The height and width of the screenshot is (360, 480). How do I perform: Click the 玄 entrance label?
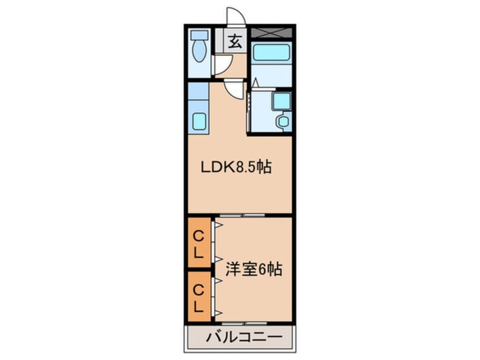click(234, 41)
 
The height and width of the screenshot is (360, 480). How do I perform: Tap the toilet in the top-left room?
click(199, 51)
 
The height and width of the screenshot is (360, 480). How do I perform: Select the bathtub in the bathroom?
click(271, 53)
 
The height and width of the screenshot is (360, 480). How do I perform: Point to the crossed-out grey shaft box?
click(271, 32)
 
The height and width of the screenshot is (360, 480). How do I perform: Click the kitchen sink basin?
click(199, 121)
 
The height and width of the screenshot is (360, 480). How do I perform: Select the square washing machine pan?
click(281, 101)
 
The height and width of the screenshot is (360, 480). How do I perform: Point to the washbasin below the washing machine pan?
click(282, 121)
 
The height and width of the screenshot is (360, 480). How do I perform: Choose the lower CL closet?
click(199, 298)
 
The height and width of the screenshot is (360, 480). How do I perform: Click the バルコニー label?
click(239, 338)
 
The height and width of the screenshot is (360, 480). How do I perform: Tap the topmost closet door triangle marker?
click(217, 226)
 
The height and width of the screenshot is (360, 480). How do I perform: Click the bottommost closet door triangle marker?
click(217, 313)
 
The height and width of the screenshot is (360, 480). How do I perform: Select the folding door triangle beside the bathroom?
click(255, 83)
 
